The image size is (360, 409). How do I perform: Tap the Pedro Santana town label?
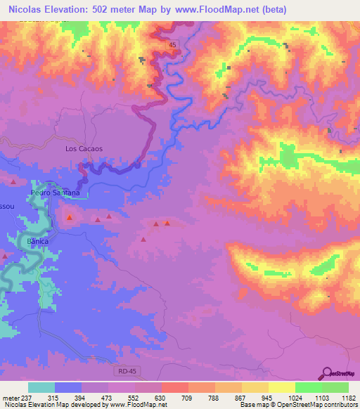click(55, 192)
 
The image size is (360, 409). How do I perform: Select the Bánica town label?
click(39, 240)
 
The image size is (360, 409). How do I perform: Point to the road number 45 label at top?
click(173, 44)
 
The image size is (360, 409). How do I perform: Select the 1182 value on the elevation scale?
click(339, 398)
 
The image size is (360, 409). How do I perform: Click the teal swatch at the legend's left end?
click(41, 387)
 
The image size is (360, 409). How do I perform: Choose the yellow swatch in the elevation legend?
click(282, 387)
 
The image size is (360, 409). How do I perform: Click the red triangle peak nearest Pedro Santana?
click(69, 218)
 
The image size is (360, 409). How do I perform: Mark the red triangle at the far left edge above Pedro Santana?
click(13, 182)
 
